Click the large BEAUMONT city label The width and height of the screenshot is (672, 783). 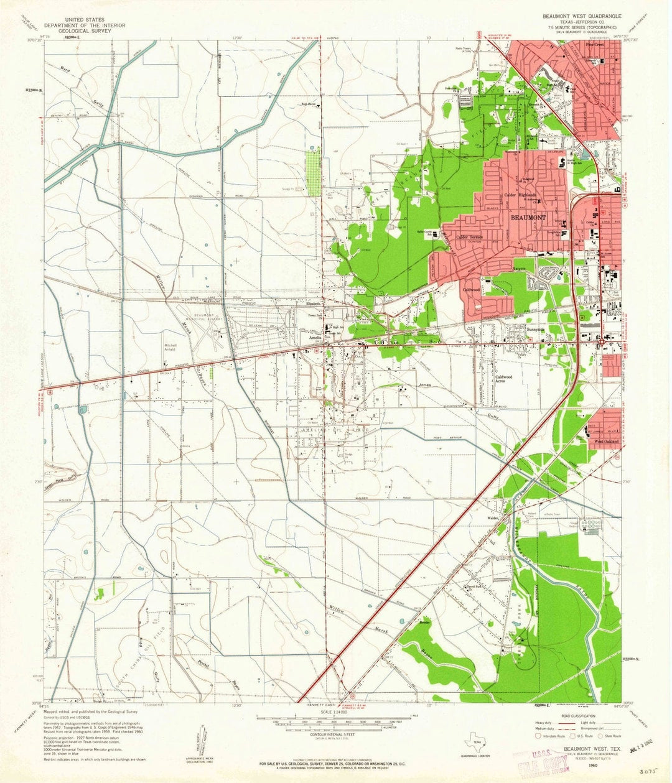pyautogui.click(x=528, y=218)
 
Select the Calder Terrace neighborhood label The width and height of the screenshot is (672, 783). pyautogui.click(x=470, y=237)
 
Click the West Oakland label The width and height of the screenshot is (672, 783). pyautogui.click(x=605, y=442)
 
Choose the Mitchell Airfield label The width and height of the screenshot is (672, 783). pyautogui.click(x=170, y=347)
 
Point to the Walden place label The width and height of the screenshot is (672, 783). pyautogui.click(x=494, y=517)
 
